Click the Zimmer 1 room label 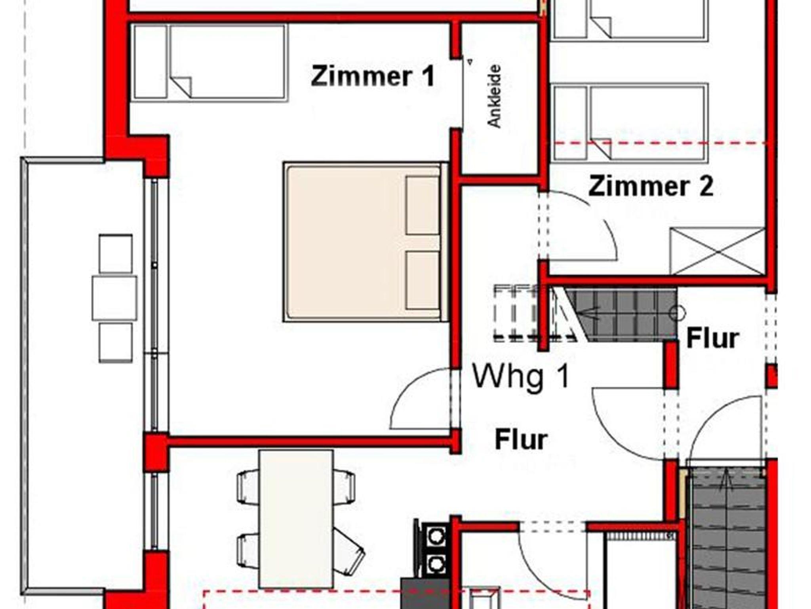click(373, 76)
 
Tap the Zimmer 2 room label click(651, 186)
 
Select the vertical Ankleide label click(494, 96)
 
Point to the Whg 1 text click(521, 377)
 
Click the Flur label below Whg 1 click(521, 440)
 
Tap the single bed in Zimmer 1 click(210, 62)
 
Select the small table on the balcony click(114, 298)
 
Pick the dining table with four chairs click(296, 519)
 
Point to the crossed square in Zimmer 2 click(717, 251)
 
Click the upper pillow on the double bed click(423, 205)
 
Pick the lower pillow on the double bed click(423, 280)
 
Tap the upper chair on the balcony click(116, 254)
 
